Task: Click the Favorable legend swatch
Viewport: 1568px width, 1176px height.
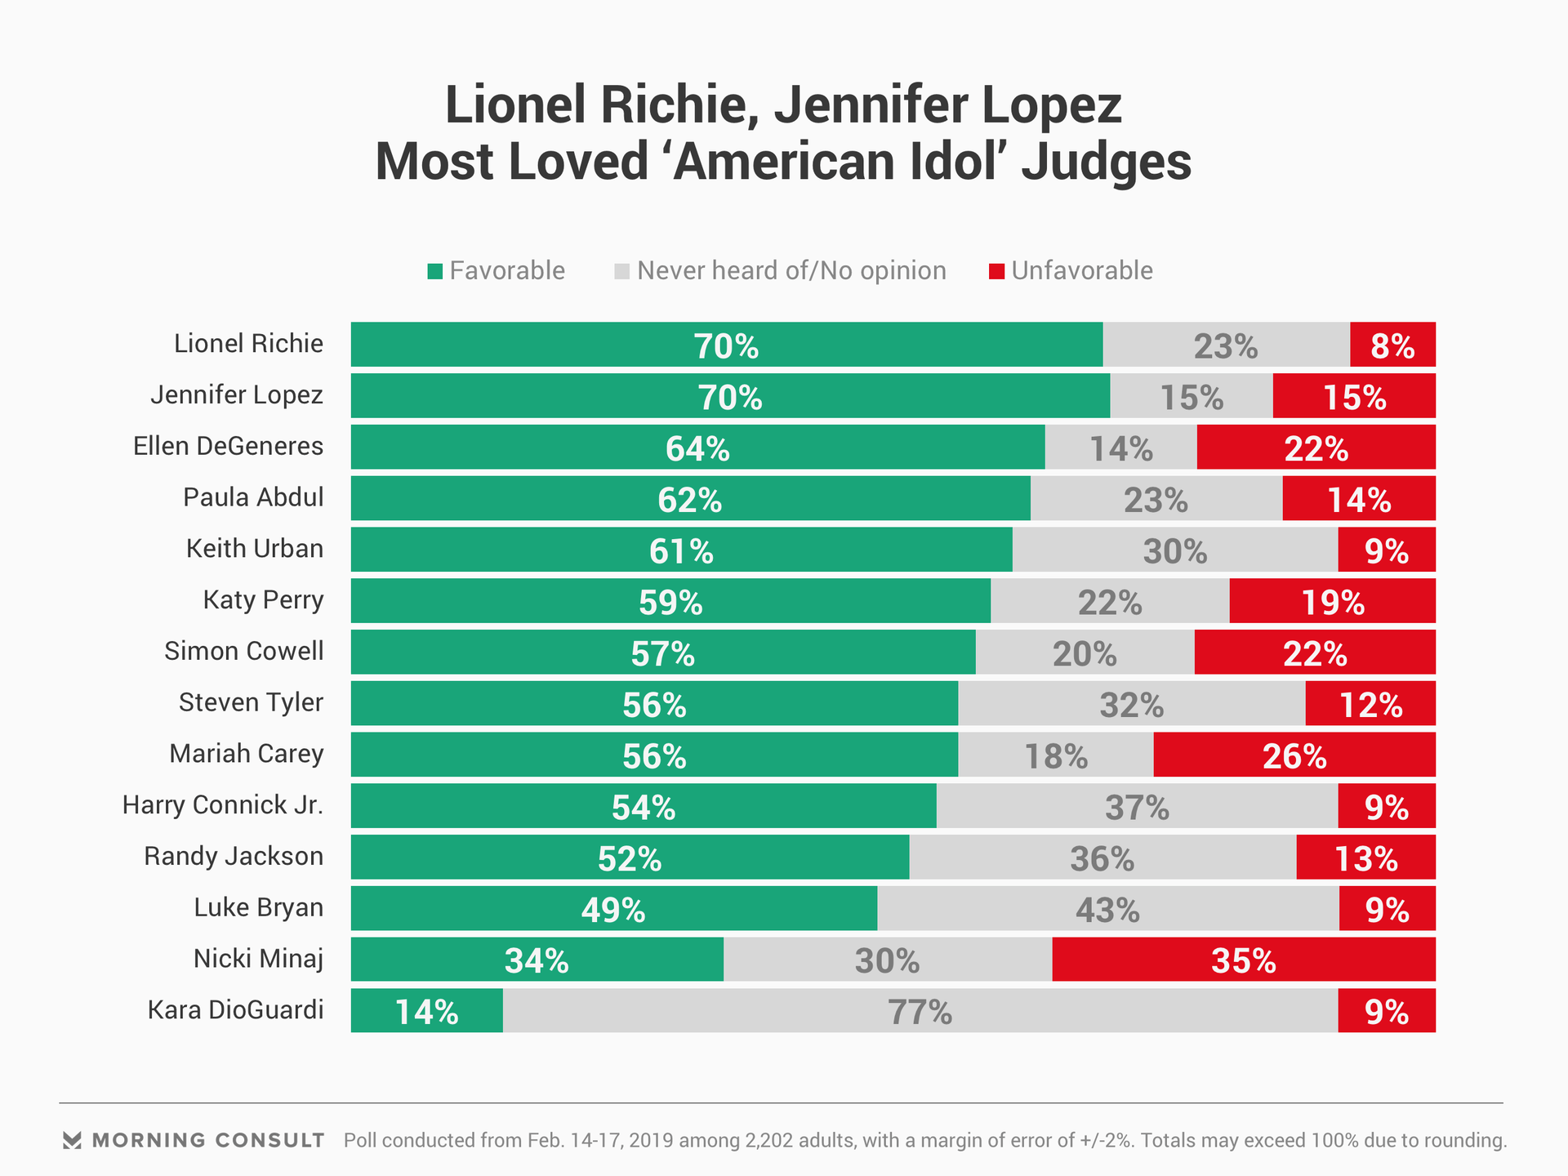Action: tap(434, 272)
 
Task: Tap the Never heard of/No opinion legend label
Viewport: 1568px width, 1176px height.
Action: tap(791, 270)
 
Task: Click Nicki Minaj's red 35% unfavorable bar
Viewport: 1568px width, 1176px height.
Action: tap(1243, 960)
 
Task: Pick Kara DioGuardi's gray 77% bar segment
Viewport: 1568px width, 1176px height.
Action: tap(920, 1011)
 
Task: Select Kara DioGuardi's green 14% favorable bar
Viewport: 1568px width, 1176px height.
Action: tap(426, 1011)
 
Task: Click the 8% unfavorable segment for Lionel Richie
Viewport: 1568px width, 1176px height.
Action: tap(1392, 345)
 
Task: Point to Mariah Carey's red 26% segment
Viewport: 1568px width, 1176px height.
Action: tap(1294, 755)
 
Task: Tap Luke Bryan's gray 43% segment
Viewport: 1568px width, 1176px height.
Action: tap(1107, 908)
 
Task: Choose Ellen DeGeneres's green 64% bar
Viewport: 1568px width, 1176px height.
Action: tap(697, 448)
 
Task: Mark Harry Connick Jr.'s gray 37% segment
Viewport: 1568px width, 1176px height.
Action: tap(1137, 806)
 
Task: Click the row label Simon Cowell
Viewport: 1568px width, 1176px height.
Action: tap(243, 651)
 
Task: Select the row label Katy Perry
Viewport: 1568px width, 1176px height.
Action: tap(263, 599)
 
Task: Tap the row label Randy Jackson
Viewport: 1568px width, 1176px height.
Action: tap(234, 856)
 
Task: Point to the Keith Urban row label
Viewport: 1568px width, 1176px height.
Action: tap(254, 548)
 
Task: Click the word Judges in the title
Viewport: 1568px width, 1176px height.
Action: tap(1106, 162)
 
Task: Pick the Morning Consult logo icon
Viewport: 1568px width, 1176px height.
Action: tap(72, 1140)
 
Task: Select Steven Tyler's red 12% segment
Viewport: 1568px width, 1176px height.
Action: tap(1370, 703)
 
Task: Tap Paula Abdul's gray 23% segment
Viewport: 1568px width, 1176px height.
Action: tap(1156, 498)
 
